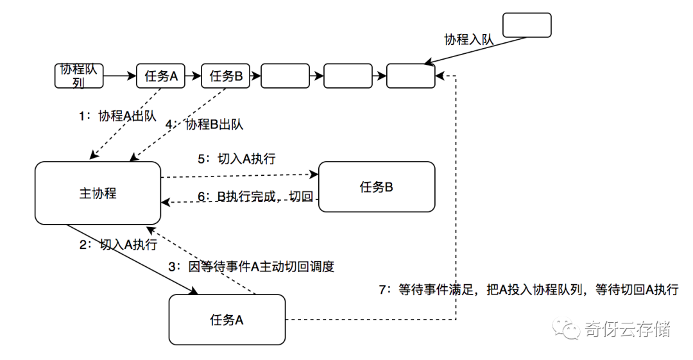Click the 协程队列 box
(x=79, y=76)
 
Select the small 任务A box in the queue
(x=161, y=76)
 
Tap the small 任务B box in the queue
(x=225, y=76)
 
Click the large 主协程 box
(x=98, y=193)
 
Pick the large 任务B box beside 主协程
(x=377, y=187)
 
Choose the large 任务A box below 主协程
(x=227, y=320)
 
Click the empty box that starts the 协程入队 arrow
(x=526, y=24)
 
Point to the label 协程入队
(x=469, y=39)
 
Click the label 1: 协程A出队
(x=117, y=116)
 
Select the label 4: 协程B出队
(x=205, y=124)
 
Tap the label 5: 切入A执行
(x=237, y=159)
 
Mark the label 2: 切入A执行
(x=119, y=244)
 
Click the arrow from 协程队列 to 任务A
(x=119, y=76)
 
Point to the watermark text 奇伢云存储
(x=627, y=330)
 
